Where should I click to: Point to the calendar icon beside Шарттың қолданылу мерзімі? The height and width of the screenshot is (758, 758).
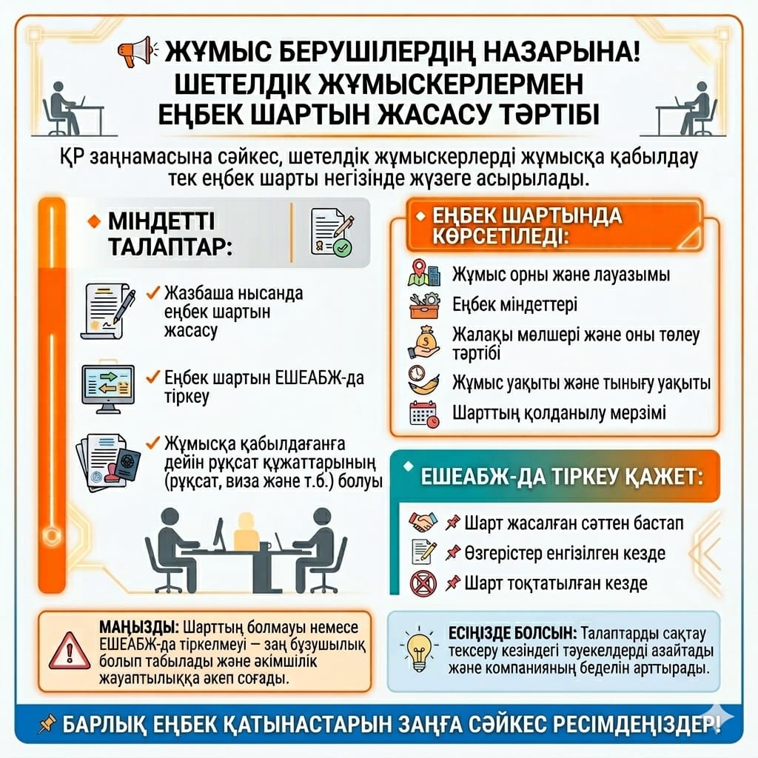pyautogui.click(x=424, y=412)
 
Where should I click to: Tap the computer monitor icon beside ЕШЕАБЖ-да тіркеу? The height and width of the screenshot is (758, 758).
pyautogui.click(x=107, y=386)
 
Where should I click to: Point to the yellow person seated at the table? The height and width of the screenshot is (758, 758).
pyautogui.click(x=244, y=534)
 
